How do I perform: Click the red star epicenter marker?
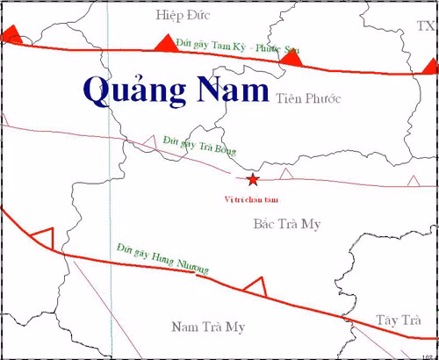(x=253, y=180)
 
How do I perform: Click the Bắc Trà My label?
(x=286, y=224)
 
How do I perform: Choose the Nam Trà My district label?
(x=206, y=327)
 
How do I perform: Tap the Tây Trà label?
(x=399, y=319)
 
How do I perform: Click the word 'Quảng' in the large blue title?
(x=140, y=89)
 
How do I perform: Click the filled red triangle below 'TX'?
(x=429, y=66)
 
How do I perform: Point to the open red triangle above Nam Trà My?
(x=255, y=285)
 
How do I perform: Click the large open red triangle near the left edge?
(x=42, y=236)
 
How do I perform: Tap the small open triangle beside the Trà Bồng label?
(x=149, y=140)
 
